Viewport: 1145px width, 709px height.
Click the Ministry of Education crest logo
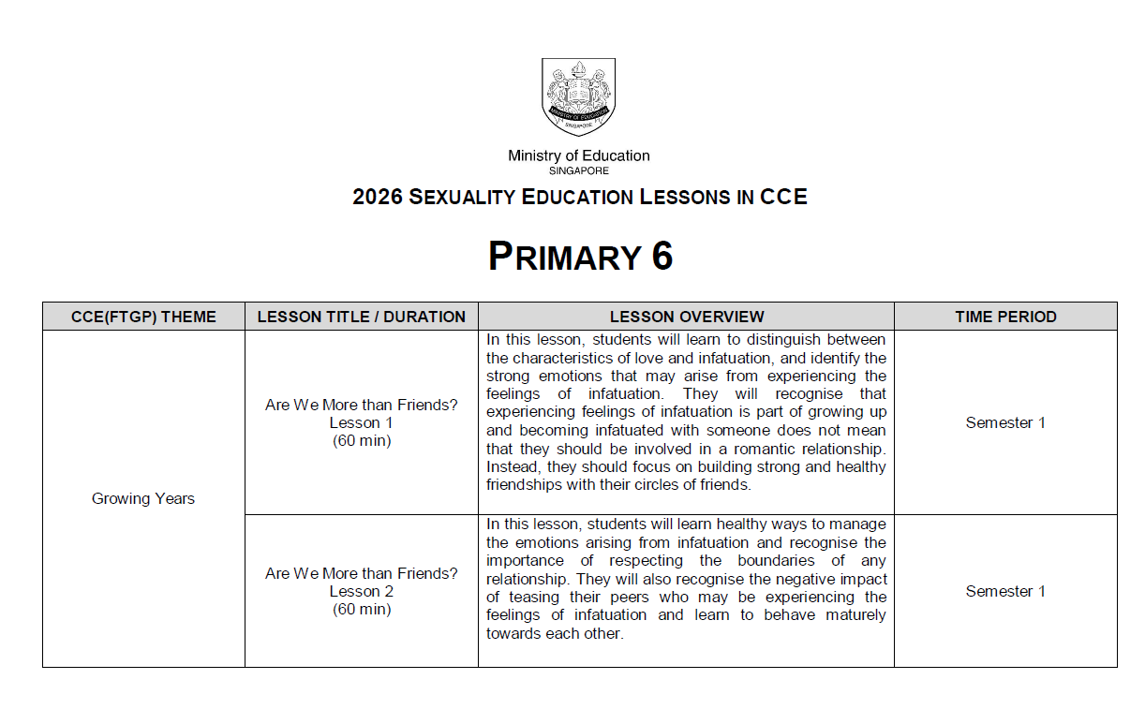(578, 96)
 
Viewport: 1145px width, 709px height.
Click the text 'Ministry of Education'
(578, 155)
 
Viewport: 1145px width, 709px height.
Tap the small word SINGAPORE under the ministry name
(578, 170)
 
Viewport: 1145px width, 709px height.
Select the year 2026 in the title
(378, 197)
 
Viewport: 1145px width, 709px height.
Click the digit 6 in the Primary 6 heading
(662, 257)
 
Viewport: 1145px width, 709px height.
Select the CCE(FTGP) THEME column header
(143, 317)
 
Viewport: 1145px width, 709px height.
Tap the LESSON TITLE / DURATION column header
(361, 317)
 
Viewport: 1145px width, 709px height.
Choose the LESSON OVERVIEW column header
(686, 317)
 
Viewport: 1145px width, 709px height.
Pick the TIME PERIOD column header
(1005, 317)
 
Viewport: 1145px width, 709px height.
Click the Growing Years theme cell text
(143, 498)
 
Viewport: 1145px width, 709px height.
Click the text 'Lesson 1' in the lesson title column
(361, 422)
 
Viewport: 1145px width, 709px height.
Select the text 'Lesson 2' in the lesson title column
(361, 591)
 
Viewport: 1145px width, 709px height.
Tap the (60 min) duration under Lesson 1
(361, 440)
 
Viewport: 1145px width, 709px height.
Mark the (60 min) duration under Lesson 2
(361, 609)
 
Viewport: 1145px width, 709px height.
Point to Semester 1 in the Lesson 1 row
(1005, 422)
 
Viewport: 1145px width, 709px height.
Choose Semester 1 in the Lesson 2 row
(1005, 591)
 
